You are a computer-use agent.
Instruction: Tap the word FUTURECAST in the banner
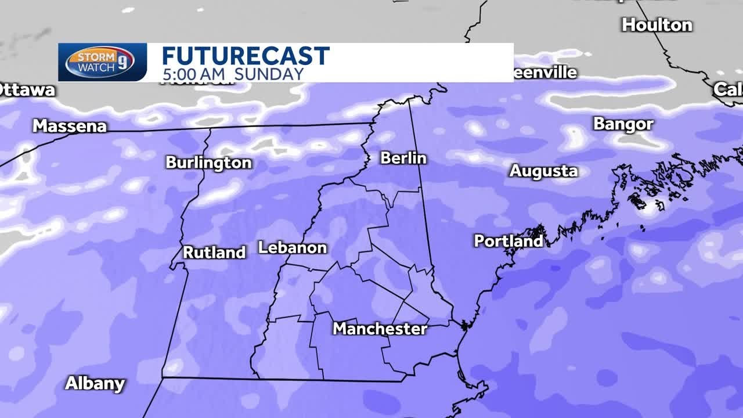click(245, 56)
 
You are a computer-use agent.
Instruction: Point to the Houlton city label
click(657, 25)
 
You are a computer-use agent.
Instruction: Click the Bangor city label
click(623, 124)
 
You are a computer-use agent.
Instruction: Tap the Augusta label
click(543, 171)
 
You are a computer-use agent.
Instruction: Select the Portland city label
click(508, 240)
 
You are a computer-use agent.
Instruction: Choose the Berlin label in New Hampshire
click(403, 158)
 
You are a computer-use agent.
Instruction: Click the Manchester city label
click(380, 329)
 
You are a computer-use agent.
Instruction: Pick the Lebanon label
click(293, 248)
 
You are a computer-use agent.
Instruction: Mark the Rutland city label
click(214, 253)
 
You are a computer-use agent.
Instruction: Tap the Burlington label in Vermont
click(208, 163)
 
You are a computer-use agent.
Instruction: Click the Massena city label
click(70, 126)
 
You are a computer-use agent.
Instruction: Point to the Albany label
click(95, 383)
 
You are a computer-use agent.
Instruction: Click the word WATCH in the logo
click(93, 67)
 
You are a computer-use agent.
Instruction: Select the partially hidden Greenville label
click(546, 73)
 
